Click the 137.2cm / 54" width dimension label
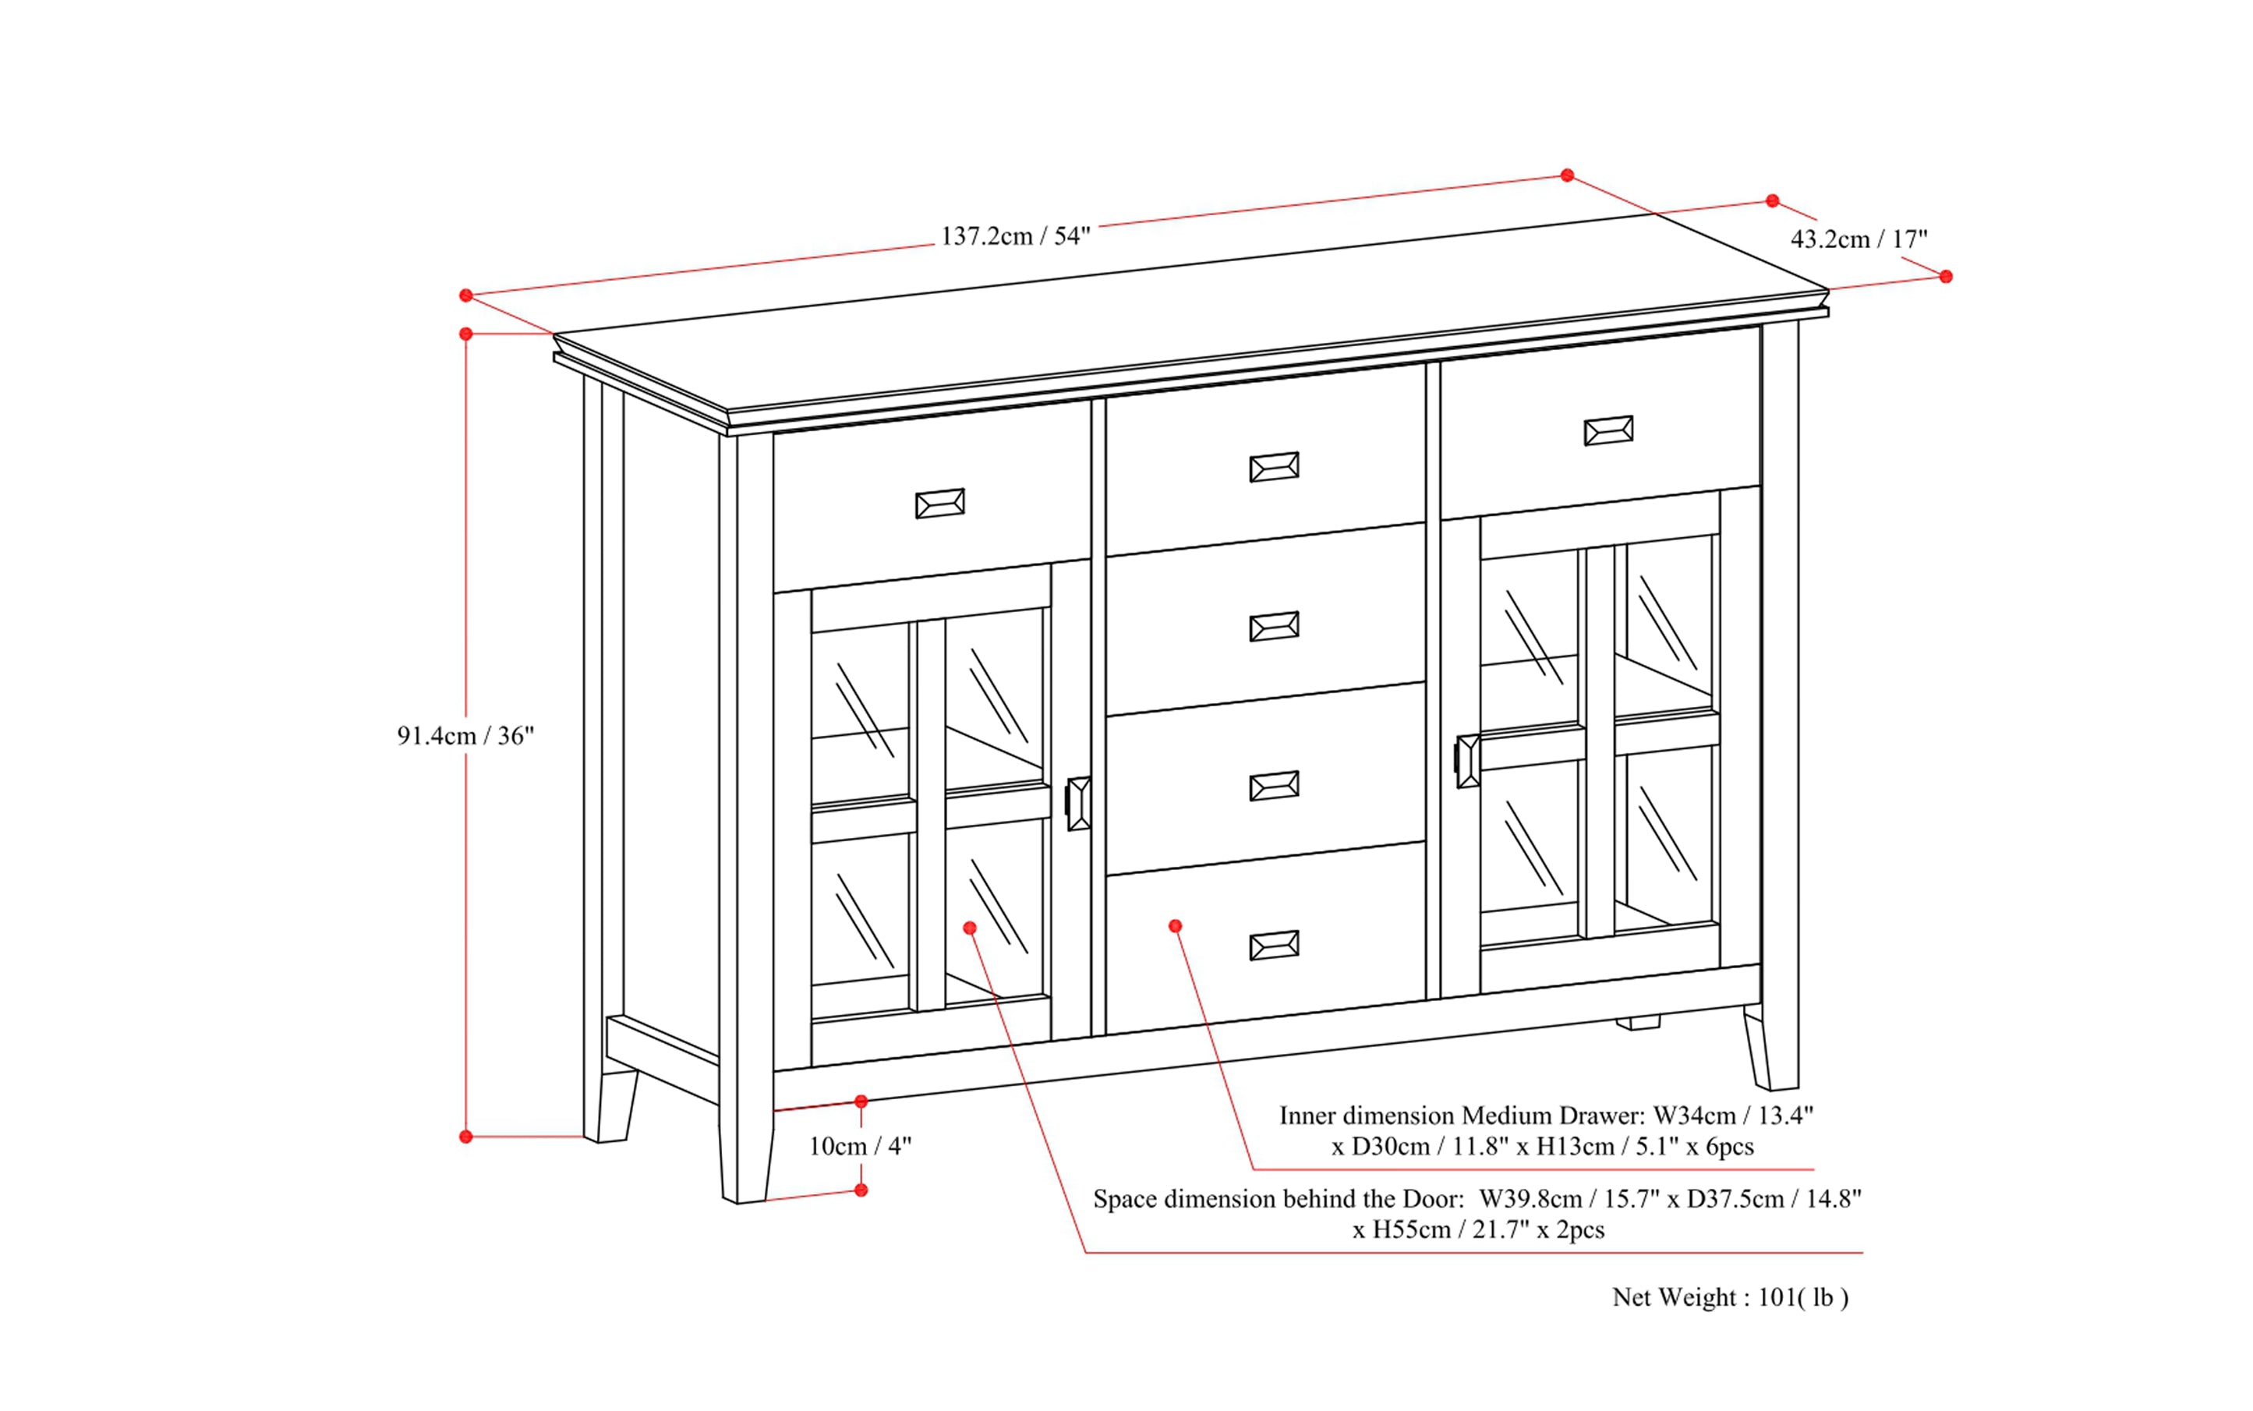click(1014, 236)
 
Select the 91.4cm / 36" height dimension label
click(465, 737)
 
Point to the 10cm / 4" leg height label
click(860, 1146)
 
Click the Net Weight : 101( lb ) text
click(1729, 1297)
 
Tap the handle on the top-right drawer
click(1608, 431)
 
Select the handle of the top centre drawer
click(1273, 468)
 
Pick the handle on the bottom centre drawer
click(1273, 946)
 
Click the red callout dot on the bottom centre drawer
click(1175, 926)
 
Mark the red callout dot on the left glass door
click(970, 928)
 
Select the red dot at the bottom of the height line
click(465, 1137)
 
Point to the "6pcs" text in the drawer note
click(1729, 1147)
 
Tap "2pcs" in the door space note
click(1580, 1230)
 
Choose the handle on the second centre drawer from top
click(1273, 627)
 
